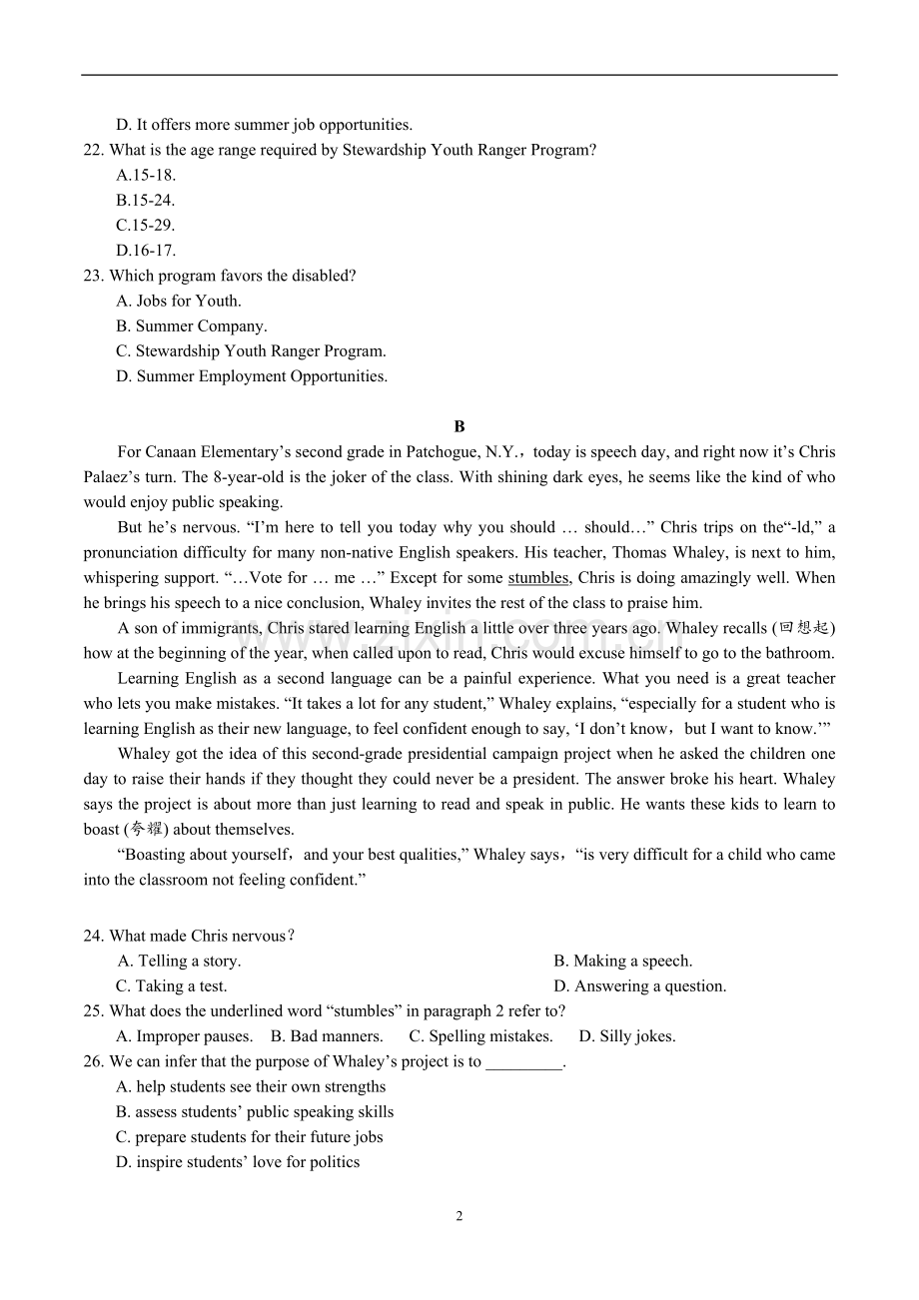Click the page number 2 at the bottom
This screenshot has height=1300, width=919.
(x=459, y=1216)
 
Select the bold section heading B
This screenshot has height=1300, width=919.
(x=459, y=426)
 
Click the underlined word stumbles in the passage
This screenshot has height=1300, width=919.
(x=538, y=578)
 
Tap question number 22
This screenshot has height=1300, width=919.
(x=93, y=150)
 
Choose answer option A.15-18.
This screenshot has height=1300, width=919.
(x=146, y=175)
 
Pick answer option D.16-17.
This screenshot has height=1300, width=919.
(x=146, y=251)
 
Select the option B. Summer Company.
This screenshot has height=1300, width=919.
(x=192, y=325)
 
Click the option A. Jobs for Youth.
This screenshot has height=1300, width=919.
(x=179, y=301)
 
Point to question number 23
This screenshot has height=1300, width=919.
(x=93, y=276)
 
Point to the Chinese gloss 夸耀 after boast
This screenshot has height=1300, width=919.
(x=146, y=830)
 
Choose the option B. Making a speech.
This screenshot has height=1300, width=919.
(x=623, y=961)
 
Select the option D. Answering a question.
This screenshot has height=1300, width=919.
(x=640, y=986)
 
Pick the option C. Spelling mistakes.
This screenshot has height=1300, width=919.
(x=481, y=1036)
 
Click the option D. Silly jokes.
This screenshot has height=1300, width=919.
(x=627, y=1036)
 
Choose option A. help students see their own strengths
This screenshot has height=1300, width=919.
(x=251, y=1086)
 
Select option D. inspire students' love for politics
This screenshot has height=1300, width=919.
(x=238, y=1162)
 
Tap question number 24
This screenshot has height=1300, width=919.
(x=93, y=936)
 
